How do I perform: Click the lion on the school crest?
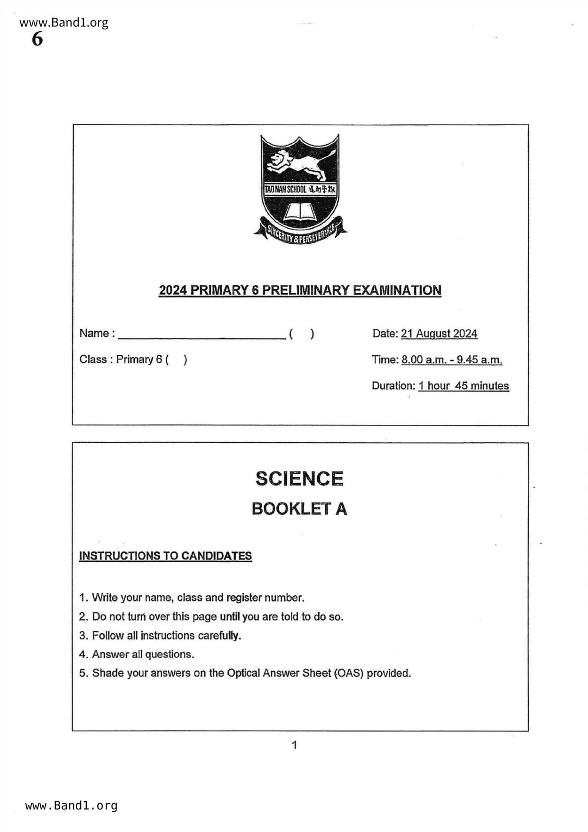tap(300, 164)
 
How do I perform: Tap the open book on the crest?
tap(300, 212)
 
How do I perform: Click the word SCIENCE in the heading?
tap(299, 479)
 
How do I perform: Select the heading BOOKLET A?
tap(299, 509)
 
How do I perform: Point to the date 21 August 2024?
tap(439, 333)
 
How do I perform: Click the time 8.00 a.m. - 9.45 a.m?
tap(451, 360)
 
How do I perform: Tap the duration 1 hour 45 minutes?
tap(463, 386)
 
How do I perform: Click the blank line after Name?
tap(202, 334)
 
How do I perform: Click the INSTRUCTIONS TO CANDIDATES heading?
tap(165, 556)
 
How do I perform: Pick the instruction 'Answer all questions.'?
tap(143, 654)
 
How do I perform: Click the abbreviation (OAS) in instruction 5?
tap(349, 673)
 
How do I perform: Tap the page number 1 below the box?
tap(294, 745)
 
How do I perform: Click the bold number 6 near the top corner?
tap(37, 39)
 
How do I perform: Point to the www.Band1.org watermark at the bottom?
tap(71, 805)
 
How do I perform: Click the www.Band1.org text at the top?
tap(64, 23)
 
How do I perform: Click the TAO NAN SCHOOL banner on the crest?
tap(300, 189)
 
